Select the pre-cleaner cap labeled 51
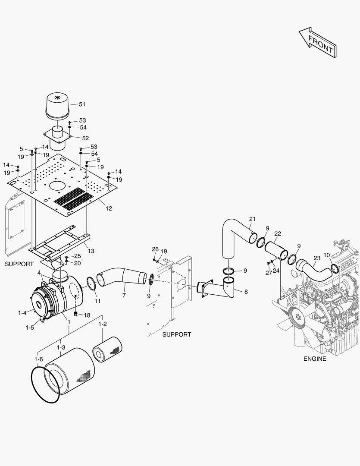pyautogui.click(x=58, y=106)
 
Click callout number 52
pyautogui.click(x=85, y=138)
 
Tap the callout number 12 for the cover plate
pyautogui.click(x=109, y=208)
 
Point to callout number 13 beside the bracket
pyautogui.click(x=91, y=251)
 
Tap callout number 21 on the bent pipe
pyautogui.click(x=252, y=219)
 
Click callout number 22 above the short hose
pyautogui.click(x=277, y=233)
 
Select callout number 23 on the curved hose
pyautogui.click(x=317, y=258)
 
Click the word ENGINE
pyautogui.click(x=315, y=359)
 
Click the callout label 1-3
pyautogui.click(x=61, y=347)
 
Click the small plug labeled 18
pyautogui.click(x=75, y=313)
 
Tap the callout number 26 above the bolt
pyautogui.click(x=155, y=249)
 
